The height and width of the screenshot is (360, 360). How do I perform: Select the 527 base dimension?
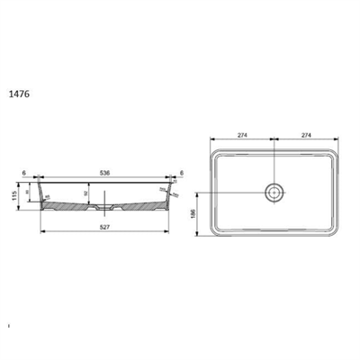106,226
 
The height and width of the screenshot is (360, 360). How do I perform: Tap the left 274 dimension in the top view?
241,134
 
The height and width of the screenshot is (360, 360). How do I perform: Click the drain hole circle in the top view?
273,192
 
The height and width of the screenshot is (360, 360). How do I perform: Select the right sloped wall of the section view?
172,194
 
